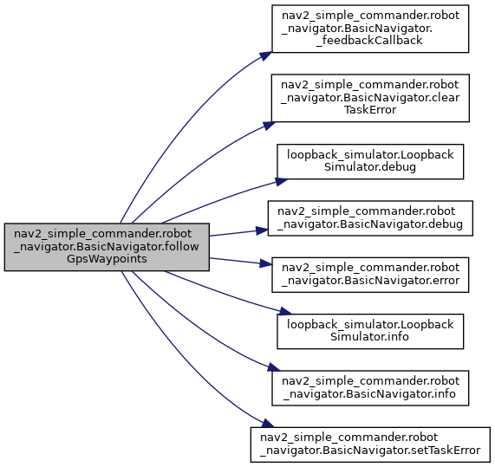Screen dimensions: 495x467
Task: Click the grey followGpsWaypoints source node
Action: coord(107,247)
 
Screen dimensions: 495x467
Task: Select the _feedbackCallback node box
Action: coord(370,29)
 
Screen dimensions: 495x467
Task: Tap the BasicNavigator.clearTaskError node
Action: coord(370,98)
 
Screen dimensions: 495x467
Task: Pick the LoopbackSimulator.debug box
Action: coord(370,161)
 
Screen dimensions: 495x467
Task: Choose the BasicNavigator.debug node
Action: coord(370,218)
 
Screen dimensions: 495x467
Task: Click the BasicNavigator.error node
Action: coord(370,275)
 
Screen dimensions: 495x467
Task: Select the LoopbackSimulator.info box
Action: coord(370,331)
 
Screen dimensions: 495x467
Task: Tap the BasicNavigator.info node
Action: coord(370,388)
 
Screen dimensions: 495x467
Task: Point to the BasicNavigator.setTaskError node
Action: coord(370,445)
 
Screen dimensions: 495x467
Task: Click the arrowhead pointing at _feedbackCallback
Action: coord(266,55)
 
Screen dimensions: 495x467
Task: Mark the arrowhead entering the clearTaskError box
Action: coord(270,126)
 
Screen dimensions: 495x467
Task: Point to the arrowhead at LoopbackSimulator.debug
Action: coord(282,182)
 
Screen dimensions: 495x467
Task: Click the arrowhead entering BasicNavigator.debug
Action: coord(262,230)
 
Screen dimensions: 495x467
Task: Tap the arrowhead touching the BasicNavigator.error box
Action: coord(266,263)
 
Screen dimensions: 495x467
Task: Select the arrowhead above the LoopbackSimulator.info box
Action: coord(285,312)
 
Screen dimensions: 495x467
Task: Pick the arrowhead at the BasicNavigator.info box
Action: coord(274,367)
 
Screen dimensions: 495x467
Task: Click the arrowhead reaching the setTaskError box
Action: coord(268,424)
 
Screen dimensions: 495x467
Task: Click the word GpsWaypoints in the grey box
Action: coord(107,259)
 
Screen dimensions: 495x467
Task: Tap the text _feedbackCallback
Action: coord(369,41)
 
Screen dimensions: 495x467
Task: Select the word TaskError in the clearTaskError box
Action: coord(370,110)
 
